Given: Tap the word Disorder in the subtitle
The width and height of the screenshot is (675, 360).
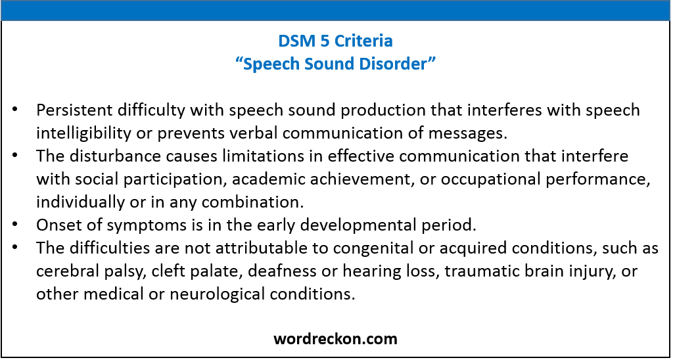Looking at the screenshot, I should coord(403,64).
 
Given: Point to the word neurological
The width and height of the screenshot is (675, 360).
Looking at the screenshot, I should coord(230,294).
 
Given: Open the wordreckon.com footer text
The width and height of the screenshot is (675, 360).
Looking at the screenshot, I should coord(335,339).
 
